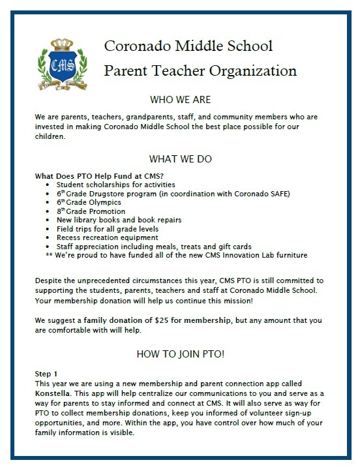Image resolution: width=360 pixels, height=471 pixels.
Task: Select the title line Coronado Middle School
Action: click(x=188, y=46)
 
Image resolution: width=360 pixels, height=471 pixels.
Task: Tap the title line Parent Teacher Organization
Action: click(x=200, y=70)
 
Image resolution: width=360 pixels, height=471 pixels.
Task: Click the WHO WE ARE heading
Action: click(x=180, y=100)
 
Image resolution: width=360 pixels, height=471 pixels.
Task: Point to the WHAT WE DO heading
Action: click(x=180, y=159)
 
